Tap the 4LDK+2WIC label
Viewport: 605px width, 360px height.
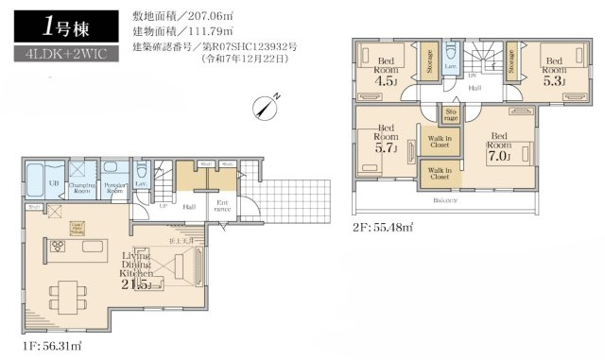[59, 54]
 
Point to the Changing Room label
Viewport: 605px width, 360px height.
[82, 188]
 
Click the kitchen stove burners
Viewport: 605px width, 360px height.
[56, 248]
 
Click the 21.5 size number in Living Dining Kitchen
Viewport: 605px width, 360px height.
[139, 284]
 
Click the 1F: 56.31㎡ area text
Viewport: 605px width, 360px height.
[48, 346]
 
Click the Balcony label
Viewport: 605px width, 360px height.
[447, 200]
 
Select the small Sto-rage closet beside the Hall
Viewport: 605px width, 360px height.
[451, 114]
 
